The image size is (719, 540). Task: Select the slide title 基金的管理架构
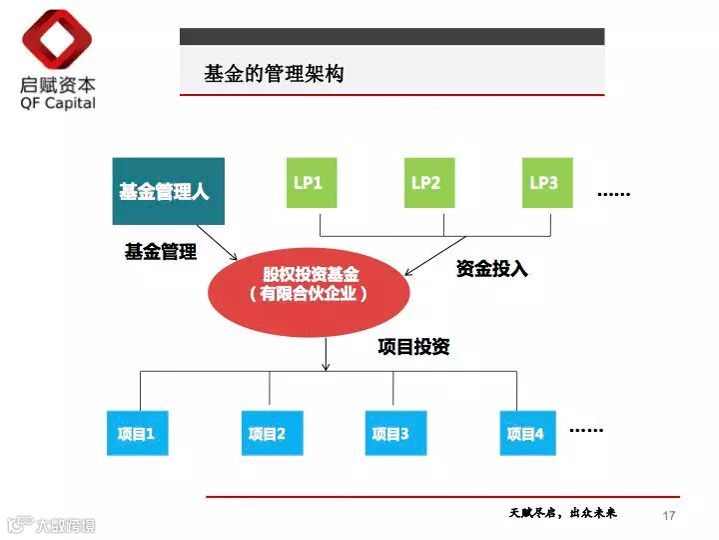click(x=274, y=74)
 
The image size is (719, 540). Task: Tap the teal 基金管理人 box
click(x=168, y=191)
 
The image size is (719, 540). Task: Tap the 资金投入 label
click(x=491, y=268)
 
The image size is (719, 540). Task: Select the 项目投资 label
click(x=413, y=347)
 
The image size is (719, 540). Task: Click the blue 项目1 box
click(x=137, y=433)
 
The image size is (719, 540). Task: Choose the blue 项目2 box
click(x=269, y=433)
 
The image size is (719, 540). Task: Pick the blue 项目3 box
click(x=391, y=433)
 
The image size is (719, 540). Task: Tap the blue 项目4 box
click(x=527, y=433)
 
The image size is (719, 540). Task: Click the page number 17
click(x=669, y=515)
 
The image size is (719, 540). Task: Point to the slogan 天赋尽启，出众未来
click(x=562, y=513)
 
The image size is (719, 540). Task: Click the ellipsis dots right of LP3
click(x=613, y=193)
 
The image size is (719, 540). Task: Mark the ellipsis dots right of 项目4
click(x=586, y=430)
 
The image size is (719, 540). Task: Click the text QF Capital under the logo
click(x=58, y=102)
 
